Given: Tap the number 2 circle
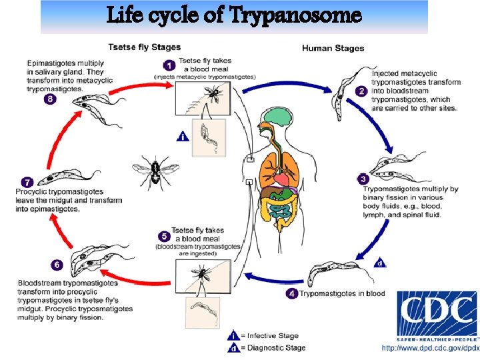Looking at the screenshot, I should click(x=361, y=92).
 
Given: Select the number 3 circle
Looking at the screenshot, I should click(x=363, y=179).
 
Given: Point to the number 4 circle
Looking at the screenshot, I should click(x=291, y=293).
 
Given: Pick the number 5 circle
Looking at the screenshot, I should click(x=163, y=236).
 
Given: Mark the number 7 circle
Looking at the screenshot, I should click(x=27, y=181).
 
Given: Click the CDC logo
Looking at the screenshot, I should click(x=437, y=313).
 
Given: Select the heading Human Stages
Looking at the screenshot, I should click(x=333, y=48).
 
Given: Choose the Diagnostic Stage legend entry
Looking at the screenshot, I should click(x=267, y=347).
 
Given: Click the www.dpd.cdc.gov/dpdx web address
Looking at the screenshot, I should click(x=430, y=349).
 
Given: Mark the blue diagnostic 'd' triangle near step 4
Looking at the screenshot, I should click(x=380, y=263).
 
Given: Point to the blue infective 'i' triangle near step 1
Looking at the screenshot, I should click(x=183, y=137).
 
